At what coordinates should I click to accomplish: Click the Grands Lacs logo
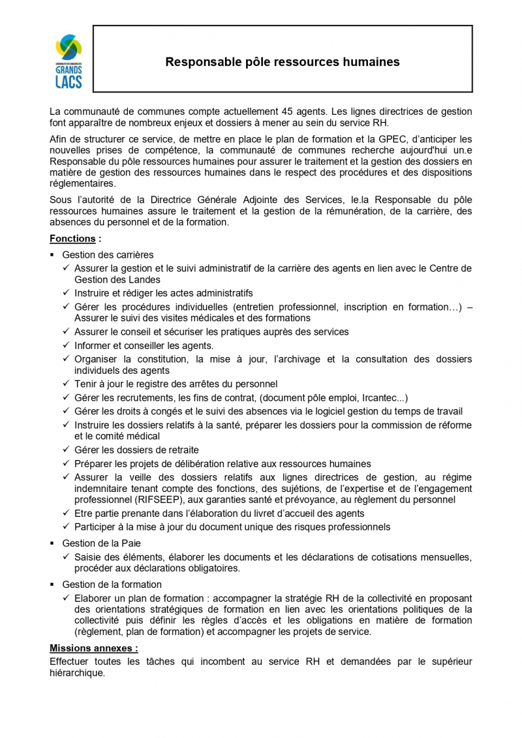69,61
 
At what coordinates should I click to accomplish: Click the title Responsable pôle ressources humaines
282,62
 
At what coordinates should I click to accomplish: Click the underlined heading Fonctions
72,238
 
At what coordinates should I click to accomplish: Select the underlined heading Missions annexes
93,649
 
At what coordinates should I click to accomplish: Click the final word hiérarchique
76,673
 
